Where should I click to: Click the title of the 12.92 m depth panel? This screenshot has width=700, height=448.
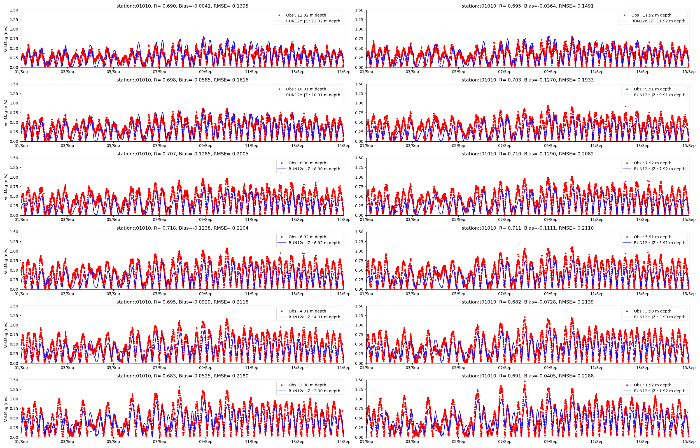click(182, 6)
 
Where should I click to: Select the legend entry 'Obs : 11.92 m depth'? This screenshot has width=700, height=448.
click(651, 15)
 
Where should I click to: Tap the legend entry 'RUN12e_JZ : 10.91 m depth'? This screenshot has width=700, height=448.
click(313, 95)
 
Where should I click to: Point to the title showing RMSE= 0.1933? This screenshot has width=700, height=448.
click(528, 80)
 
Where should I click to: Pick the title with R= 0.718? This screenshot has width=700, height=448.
click(182, 228)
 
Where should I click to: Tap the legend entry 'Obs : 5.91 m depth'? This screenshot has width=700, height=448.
click(653, 237)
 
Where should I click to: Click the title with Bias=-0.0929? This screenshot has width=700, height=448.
click(182, 302)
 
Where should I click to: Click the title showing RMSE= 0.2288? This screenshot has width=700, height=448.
click(528, 376)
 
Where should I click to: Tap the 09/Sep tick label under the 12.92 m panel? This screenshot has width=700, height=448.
click(206, 72)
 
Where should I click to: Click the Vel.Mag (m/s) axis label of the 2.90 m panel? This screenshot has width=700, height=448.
click(6, 409)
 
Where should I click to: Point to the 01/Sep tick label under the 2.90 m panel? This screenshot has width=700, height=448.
click(21, 442)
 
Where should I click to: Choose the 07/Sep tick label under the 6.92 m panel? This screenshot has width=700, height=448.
click(159, 294)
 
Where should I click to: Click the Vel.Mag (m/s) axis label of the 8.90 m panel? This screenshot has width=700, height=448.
click(6, 187)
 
